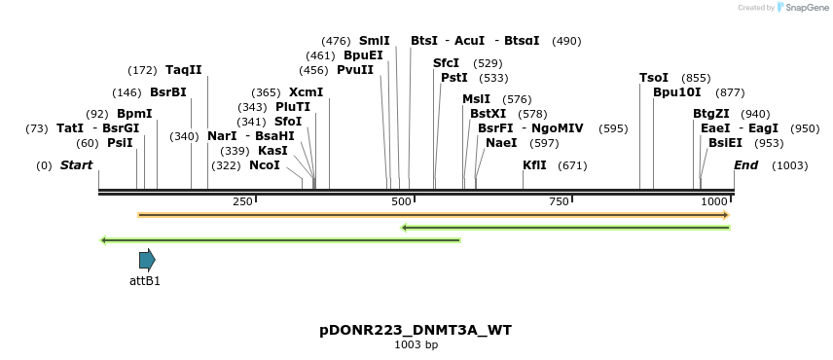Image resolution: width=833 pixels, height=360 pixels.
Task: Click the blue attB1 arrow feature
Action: (x=147, y=260)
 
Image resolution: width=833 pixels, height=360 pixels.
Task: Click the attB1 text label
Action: (x=145, y=281)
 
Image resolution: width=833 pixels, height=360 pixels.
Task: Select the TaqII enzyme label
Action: (x=184, y=70)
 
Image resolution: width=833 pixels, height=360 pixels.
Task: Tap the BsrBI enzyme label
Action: (x=167, y=92)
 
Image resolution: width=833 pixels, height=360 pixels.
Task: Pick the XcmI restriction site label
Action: (x=306, y=92)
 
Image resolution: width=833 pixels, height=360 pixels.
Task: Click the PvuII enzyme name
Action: (x=355, y=70)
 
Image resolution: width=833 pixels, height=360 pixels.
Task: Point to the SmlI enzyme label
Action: (x=375, y=41)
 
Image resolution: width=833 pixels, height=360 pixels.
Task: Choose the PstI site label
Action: (x=454, y=78)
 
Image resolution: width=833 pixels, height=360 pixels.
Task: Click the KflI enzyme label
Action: (x=534, y=165)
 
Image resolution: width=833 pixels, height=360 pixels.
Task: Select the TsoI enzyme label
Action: (x=654, y=78)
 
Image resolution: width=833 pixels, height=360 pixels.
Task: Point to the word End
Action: (x=745, y=165)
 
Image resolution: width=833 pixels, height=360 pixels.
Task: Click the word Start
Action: (x=76, y=165)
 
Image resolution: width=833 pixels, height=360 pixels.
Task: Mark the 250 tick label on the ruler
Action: (x=242, y=200)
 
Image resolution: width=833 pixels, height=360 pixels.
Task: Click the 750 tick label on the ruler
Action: (x=559, y=200)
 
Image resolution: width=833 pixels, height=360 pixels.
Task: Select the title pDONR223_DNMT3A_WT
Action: (x=416, y=330)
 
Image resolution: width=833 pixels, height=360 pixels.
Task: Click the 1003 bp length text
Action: (x=416, y=344)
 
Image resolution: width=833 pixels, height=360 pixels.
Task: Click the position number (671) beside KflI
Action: (x=572, y=165)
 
